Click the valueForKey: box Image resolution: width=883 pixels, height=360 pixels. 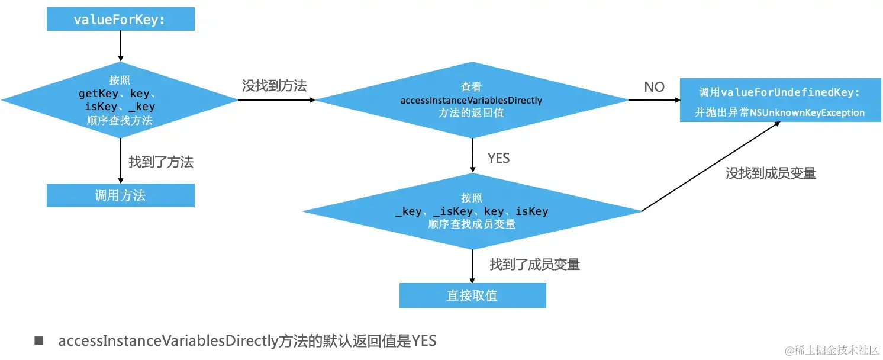[x=120, y=20]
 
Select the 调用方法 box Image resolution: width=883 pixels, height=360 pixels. [x=120, y=195]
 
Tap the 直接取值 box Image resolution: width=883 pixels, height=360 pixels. [x=472, y=295]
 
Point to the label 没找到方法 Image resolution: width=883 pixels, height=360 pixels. [x=274, y=86]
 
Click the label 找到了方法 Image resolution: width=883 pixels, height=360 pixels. [x=161, y=162]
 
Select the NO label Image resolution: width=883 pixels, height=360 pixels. [x=654, y=87]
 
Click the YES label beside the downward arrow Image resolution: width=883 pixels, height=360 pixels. [x=498, y=158]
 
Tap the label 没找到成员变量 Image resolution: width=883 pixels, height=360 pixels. [x=771, y=173]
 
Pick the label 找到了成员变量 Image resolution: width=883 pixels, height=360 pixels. [x=534, y=265]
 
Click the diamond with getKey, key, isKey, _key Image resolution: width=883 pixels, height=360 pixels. [x=120, y=100]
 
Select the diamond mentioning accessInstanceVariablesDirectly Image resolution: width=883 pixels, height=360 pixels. [x=472, y=100]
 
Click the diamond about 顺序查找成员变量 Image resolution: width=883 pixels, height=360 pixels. [x=472, y=211]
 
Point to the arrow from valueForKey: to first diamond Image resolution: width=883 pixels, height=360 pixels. [x=121, y=46]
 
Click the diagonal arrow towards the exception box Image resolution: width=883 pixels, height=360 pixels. [x=710, y=166]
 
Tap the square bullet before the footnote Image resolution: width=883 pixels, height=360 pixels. [x=39, y=340]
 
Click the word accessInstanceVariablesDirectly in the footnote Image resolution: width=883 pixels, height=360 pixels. [x=168, y=341]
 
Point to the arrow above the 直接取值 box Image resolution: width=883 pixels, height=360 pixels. [x=472, y=266]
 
